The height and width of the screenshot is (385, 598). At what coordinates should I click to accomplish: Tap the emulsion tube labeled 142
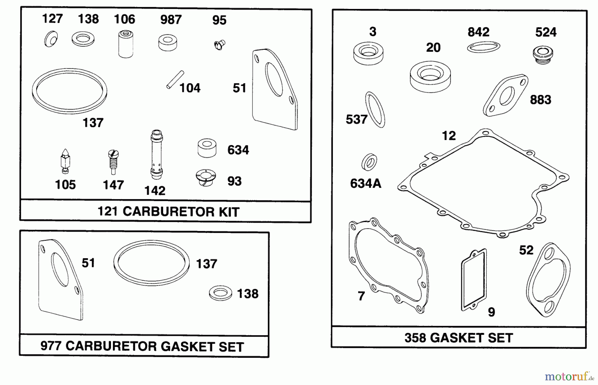(x=156, y=154)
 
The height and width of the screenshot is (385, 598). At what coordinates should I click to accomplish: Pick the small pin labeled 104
(x=175, y=80)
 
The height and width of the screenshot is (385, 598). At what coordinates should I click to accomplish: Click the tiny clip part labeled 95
(x=220, y=44)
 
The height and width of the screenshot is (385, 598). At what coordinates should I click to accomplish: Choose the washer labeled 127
(x=51, y=39)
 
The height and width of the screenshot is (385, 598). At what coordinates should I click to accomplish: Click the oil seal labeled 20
(x=430, y=76)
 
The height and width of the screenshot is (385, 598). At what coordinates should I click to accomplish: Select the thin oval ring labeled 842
(x=483, y=47)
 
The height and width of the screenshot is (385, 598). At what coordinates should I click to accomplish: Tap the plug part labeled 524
(x=543, y=55)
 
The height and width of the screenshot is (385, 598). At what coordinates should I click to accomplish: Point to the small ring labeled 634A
(x=369, y=163)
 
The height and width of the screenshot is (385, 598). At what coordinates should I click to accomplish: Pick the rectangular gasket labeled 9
(x=474, y=280)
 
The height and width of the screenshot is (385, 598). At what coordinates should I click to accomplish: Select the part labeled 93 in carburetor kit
(x=206, y=177)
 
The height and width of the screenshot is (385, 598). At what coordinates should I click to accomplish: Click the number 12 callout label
(x=448, y=136)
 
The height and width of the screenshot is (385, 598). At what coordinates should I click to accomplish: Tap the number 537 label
(x=356, y=119)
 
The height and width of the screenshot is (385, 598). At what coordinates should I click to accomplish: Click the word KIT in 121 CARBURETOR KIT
(x=229, y=212)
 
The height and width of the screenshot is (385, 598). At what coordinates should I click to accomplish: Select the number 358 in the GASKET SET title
(x=415, y=338)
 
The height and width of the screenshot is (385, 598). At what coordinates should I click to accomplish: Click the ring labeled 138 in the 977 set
(x=221, y=293)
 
